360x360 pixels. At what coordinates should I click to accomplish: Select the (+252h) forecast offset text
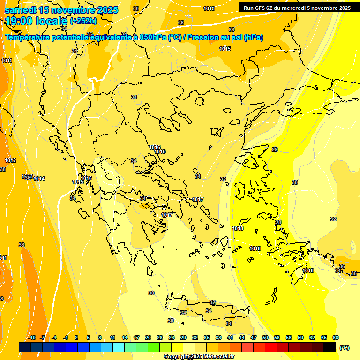83,21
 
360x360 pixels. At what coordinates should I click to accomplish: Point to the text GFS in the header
259,8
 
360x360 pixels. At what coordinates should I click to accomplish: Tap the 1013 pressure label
209,9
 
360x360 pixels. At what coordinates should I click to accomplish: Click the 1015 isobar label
225,49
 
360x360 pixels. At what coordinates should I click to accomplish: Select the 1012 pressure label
10,161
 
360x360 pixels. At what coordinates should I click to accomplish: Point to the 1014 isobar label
39,179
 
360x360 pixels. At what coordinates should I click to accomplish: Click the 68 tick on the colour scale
336,337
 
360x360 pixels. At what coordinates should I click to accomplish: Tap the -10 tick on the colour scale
32,337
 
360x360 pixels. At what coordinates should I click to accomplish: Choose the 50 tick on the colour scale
265,337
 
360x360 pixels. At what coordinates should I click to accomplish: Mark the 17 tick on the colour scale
136,337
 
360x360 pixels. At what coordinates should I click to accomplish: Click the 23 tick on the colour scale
160,337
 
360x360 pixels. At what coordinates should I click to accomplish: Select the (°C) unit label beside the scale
344,348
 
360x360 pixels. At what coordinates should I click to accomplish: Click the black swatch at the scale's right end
330,347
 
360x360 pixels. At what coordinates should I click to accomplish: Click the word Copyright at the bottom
177,357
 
